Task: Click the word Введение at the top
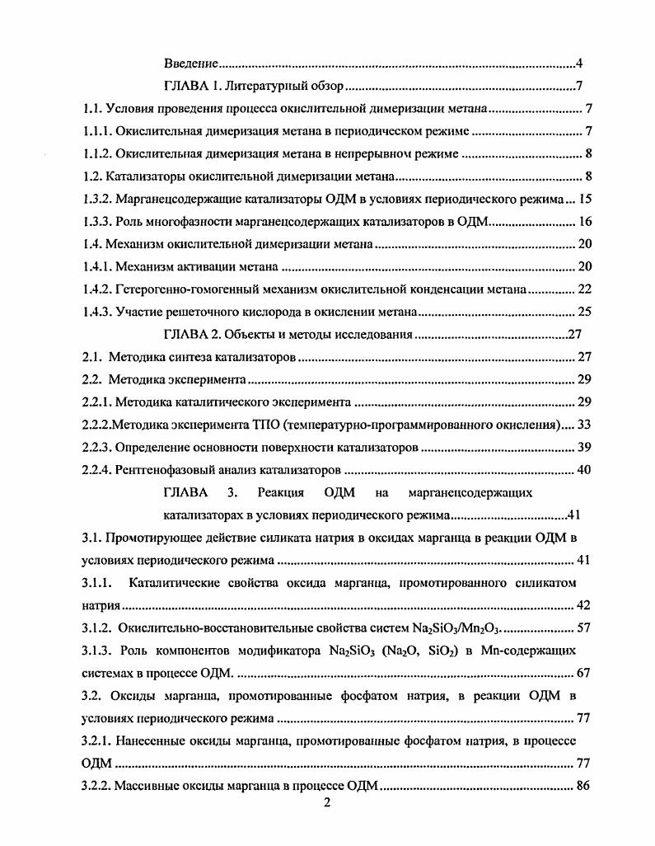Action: click(190, 63)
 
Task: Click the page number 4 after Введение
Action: click(580, 63)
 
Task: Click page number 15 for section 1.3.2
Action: click(583, 199)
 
